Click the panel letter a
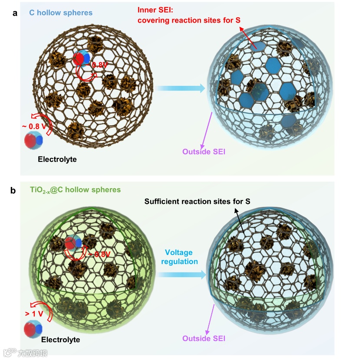(x=15, y=13)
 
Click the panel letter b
(x=13, y=190)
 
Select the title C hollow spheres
(x=61, y=13)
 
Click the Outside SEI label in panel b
(x=204, y=338)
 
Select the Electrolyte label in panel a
(x=57, y=159)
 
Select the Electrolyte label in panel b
(x=61, y=340)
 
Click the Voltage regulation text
(x=181, y=257)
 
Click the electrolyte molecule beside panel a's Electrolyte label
(x=33, y=141)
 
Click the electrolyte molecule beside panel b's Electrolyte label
(x=33, y=328)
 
